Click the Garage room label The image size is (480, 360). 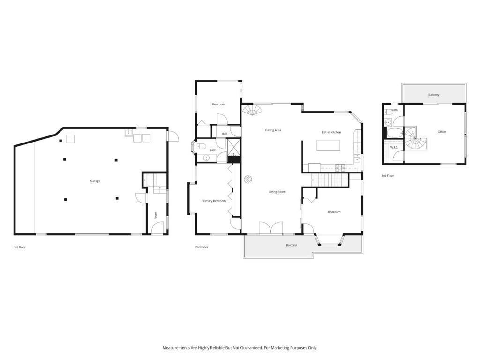tap(95, 181)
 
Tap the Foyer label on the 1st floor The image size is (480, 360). tap(156, 216)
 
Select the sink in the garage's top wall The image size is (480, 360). tap(128, 133)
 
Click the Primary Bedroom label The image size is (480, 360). tap(214, 201)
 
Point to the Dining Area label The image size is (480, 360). tap(273, 130)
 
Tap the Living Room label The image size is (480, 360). tap(277, 192)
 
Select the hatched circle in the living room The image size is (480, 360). tap(247, 179)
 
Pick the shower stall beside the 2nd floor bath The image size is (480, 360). tap(233, 147)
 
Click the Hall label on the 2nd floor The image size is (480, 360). tap(225, 134)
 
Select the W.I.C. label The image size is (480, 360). tap(394, 148)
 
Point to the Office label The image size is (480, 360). tap(442, 132)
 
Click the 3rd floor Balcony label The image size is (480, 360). tap(434, 95)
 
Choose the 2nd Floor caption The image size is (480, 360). tap(202, 247)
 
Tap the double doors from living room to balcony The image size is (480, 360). tap(270, 228)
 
